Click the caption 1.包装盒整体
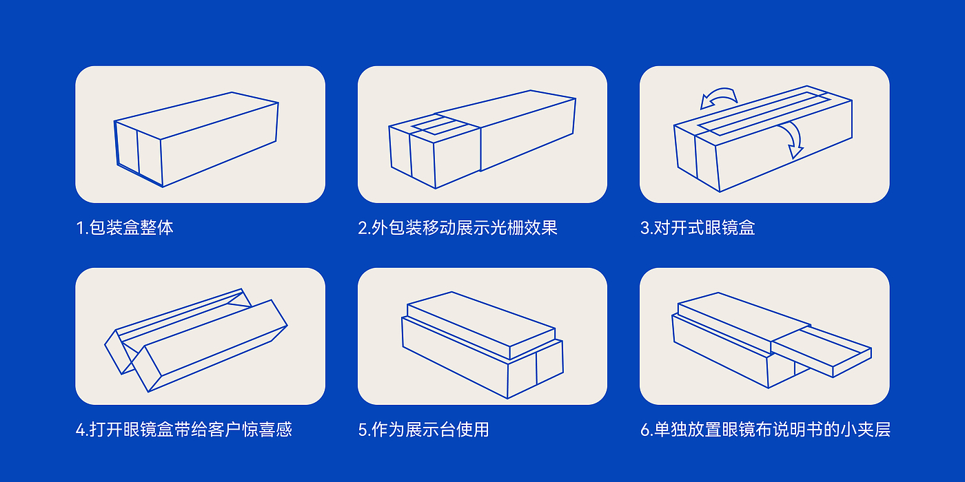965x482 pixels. pyautogui.click(x=125, y=228)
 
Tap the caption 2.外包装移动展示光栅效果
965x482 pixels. pyautogui.click(x=458, y=228)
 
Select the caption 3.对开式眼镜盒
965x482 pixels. pyautogui.click(x=698, y=228)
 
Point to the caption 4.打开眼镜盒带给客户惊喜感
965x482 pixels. pyautogui.click(x=184, y=430)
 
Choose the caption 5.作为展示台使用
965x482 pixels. pyautogui.click(x=423, y=430)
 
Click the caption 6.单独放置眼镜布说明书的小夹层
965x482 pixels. pyautogui.click(x=765, y=430)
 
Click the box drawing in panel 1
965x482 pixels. pyautogui.click(x=196, y=139)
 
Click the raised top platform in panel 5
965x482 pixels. pyautogui.click(x=481, y=325)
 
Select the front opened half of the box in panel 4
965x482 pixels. pyautogui.click(x=210, y=346)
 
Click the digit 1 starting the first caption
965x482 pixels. pyautogui.click(x=80, y=228)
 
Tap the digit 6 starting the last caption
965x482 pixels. pyautogui.click(x=645, y=430)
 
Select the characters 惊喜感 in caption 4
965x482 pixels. pyautogui.click(x=267, y=430)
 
